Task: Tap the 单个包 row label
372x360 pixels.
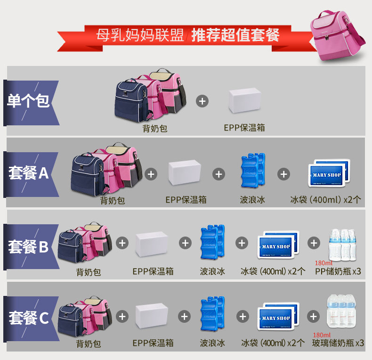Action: click(29, 102)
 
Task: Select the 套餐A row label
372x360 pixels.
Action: click(29, 173)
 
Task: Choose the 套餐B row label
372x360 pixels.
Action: click(29, 246)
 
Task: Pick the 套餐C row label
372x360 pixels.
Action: click(29, 318)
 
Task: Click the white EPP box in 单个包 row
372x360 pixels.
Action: click(244, 101)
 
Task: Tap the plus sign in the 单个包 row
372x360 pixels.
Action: click(202, 101)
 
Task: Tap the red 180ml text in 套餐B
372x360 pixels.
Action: click(323, 263)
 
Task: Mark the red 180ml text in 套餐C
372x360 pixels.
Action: click(323, 335)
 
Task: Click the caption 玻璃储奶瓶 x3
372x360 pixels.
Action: click(338, 343)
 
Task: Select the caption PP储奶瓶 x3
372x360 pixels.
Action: click(338, 271)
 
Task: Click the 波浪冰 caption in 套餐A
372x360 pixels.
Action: click(252, 200)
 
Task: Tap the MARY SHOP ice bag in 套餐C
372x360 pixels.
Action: click(277, 319)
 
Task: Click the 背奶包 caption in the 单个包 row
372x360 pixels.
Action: click(155, 128)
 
